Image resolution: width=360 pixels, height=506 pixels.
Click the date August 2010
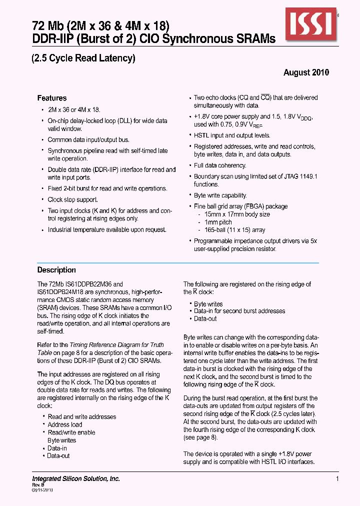(x=306, y=72)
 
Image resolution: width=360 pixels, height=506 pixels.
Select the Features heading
(x=52, y=98)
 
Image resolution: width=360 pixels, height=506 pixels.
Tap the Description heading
(x=56, y=270)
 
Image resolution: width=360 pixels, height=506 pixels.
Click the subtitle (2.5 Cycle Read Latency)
(x=83, y=58)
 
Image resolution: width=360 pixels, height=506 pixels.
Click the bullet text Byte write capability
(x=220, y=195)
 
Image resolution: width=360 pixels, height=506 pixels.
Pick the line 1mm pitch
(x=218, y=222)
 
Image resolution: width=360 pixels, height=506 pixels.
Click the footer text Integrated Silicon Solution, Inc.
(x=76, y=478)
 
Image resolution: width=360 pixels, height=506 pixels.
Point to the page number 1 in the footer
(x=337, y=479)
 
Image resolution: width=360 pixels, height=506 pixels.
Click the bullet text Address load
(x=64, y=424)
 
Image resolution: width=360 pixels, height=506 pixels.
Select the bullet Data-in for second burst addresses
(x=239, y=311)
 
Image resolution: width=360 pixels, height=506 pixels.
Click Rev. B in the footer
(x=39, y=485)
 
